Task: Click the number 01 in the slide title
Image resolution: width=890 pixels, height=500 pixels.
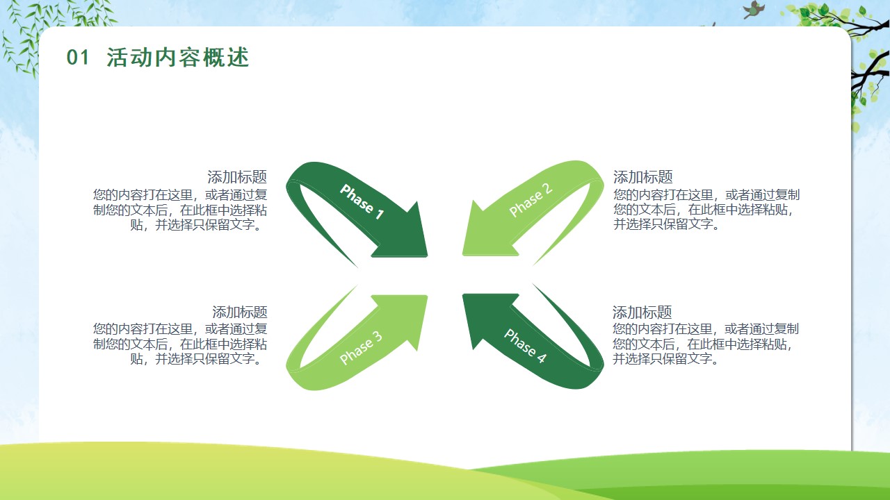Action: (x=77, y=57)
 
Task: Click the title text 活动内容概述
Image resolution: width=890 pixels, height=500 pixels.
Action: (x=177, y=57)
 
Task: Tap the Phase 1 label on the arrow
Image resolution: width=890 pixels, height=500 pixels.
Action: (x=362, y=201)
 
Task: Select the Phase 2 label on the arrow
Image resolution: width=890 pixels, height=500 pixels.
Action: (x=531, y=199)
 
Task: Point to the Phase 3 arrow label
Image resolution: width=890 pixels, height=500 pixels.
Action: (x=361, y=347)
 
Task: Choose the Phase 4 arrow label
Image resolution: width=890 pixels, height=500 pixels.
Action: (x=525, y=346)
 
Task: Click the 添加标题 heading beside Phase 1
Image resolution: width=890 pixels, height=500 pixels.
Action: (x=237, y=177)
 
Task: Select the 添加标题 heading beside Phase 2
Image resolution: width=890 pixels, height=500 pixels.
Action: (x=643, y=177)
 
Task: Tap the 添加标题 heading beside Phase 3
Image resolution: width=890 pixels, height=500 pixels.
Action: (x=240, y=312)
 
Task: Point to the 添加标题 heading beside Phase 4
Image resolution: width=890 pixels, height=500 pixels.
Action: (x=642, y=312)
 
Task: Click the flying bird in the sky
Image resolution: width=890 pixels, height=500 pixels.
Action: (x=754, y=10)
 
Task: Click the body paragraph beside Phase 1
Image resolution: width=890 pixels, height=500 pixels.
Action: (x=180, y=210)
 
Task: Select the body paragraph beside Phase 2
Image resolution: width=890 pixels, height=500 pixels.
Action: (x=706, y=210)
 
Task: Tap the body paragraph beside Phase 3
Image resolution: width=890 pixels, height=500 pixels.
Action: (x=180, y=344)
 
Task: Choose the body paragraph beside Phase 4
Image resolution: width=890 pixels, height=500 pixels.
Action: (x=706, y=344)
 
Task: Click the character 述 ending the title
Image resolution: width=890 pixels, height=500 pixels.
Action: (x=238, y=57)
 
